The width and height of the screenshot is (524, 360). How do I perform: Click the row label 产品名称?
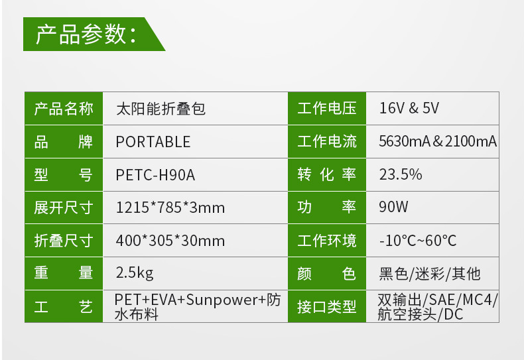coord(64,108)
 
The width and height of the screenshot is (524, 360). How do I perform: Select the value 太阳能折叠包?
coord(161,108)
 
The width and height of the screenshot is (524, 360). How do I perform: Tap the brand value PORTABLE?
coord(153,141)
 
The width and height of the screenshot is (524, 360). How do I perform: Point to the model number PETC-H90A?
coord(155,174)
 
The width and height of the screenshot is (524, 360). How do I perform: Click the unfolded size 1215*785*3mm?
coord(170,208)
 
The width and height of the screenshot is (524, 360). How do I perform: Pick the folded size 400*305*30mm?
coord(170,241)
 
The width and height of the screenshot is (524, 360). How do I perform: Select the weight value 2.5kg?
coord(135,273)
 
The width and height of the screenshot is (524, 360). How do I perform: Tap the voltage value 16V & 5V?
coord(409,108)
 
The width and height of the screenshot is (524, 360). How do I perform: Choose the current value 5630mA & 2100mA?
coord(438,141)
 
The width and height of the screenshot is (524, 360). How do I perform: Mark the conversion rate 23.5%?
coord(401,174)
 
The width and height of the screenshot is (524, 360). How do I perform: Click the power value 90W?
coord(393,208)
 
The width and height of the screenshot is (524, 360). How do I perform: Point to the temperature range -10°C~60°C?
coord(418,241)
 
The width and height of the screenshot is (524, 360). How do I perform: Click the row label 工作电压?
coord(327,108)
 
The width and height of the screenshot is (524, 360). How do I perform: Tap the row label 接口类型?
coord(327,306)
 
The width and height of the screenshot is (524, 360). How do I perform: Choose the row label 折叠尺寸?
coord(64,241)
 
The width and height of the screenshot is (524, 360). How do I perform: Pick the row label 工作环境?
coord(327,241)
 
